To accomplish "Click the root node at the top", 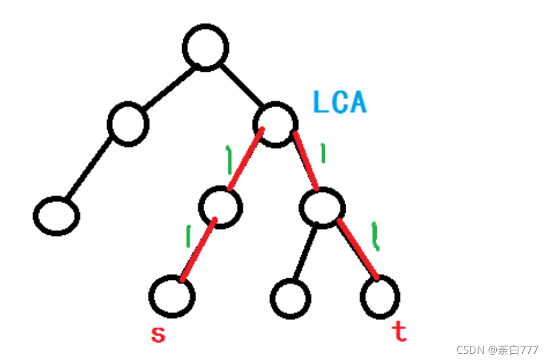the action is pos(206,47).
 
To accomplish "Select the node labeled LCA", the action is pos(275,123).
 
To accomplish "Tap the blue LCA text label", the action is pos(339,103).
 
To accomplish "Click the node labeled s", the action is pos(172,296).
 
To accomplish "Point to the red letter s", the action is pos(158,335).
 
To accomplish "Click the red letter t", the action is pos(399,332).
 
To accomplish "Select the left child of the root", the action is pos(129,123).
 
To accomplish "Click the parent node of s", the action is pos(220,207).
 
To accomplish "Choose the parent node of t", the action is pos(322,208).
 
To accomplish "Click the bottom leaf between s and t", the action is pos(290,297).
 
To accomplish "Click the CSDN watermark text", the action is pos(497,350).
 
